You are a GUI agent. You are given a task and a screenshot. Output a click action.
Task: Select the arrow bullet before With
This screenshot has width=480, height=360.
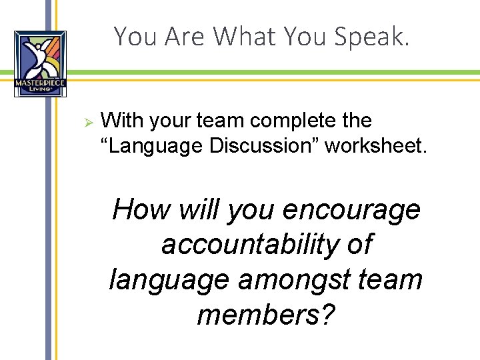(86, 121)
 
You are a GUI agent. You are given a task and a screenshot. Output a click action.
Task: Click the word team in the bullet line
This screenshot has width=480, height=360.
(217, 121)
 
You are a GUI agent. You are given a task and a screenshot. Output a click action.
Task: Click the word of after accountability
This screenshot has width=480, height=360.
(359, 245)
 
